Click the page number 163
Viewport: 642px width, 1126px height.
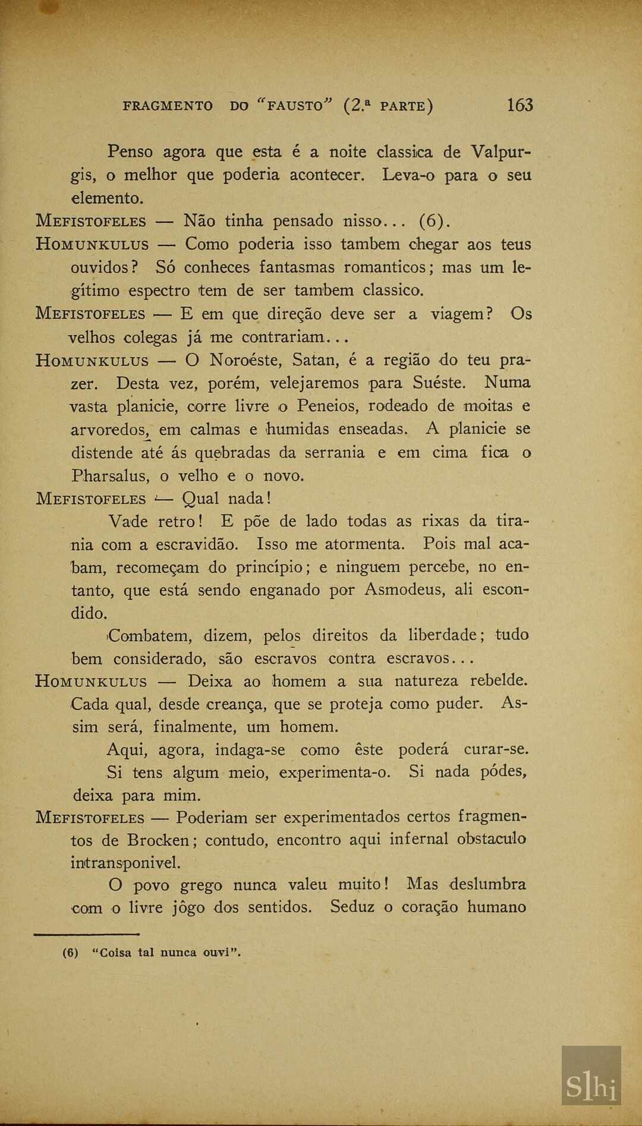(x=520, y=105)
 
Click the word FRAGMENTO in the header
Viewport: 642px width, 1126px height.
(x=168, y=106)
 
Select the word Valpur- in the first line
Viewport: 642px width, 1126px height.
(x=501, y=152)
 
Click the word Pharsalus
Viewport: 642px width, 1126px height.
(x=111, y=476)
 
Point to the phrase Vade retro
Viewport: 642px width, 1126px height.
(x=156, y=522)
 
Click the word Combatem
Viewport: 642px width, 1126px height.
(x=149, y=636)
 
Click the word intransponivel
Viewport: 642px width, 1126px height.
(x=125, y=863)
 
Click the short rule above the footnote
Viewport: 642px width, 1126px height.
(x=87, y=934)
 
